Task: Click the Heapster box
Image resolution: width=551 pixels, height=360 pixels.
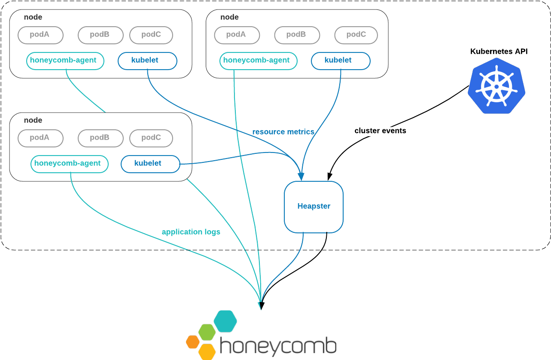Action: click(x=314, y=207)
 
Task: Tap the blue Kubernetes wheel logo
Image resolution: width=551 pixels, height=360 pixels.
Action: click(x=496, y=86)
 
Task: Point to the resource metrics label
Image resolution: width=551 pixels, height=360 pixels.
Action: click(x=283, y=132)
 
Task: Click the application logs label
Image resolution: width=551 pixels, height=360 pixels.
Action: click(x=191, y=232)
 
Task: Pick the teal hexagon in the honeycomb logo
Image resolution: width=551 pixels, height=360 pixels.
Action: click(x=225, y=321)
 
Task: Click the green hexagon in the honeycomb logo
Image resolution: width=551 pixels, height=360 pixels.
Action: click(x=207, y=332)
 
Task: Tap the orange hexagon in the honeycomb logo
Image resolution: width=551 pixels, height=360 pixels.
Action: click(x=193, y=342)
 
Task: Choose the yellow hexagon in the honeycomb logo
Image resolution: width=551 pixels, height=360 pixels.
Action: click(x=207, y=352)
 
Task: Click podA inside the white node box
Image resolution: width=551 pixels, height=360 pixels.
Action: click(x=40, y=138)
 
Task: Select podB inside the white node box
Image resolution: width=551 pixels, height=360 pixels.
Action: click(x=100, y=138)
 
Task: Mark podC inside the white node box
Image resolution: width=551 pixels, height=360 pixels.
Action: click(x=151, y=138)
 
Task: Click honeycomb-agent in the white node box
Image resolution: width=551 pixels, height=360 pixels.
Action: click(x=69, y=164)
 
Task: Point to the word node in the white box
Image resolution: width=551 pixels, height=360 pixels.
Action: click(x=33, y=120)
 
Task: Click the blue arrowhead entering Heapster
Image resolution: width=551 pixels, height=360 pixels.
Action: click(x=301, y=177)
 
